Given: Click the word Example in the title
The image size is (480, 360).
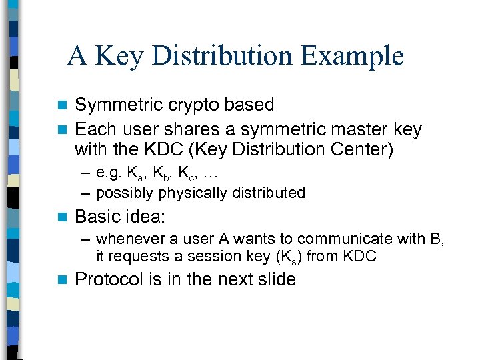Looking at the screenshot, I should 352,56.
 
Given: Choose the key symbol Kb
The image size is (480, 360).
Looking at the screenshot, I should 162,175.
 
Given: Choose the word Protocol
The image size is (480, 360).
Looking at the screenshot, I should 109,279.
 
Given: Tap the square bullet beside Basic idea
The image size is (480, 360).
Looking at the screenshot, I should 63,217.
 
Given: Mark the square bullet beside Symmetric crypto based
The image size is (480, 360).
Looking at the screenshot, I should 63,105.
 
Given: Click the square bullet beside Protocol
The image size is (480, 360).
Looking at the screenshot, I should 63,280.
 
